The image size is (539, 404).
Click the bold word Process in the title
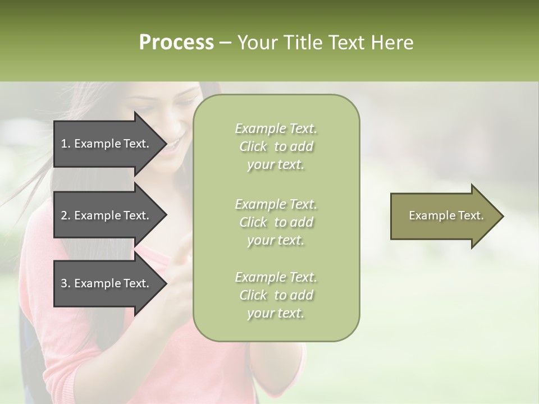176,43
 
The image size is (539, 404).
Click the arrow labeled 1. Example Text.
107,144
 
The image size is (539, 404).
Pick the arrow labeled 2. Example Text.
107,215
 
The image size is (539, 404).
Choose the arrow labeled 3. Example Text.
107,283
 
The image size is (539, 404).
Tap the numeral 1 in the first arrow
64,144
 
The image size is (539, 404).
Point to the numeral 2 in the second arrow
64,215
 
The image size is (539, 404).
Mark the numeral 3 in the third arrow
64,283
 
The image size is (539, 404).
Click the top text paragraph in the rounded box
276,146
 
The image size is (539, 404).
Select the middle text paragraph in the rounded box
276,222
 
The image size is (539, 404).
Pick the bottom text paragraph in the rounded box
276,295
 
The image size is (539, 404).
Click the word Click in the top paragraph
253,146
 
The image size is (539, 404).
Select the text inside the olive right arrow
446,215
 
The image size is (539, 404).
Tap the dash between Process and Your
225,43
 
